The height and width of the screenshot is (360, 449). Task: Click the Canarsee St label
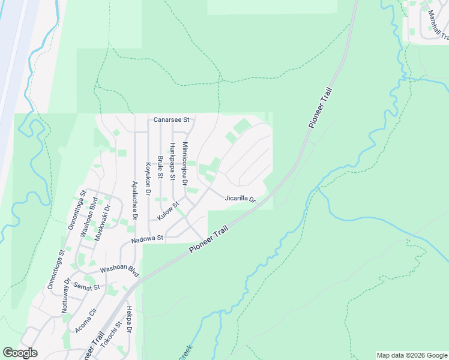pyautogui.click(x=171, y=119)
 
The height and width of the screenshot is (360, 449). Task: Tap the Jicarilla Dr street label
pyautogui.click(x=241, y=199)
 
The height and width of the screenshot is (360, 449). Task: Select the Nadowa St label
pyautogui.click(x=148, y=239)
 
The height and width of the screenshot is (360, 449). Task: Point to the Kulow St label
pyautogui.click(x=169, y=211)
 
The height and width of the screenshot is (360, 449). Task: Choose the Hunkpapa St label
pyautogui.click(x=172, y=162)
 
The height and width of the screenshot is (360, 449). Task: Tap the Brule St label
pyautogui.click(x=160, y=167)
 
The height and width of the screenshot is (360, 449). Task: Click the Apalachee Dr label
pyautogui.click(x=135, y=201)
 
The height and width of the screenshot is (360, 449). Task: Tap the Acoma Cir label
pyautogui.click(x=86, y=321)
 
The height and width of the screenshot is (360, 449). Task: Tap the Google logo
pyautogui.click(x=20, y=353)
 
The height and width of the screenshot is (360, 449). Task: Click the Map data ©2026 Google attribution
pyautogui.click(x=412, y=355)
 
